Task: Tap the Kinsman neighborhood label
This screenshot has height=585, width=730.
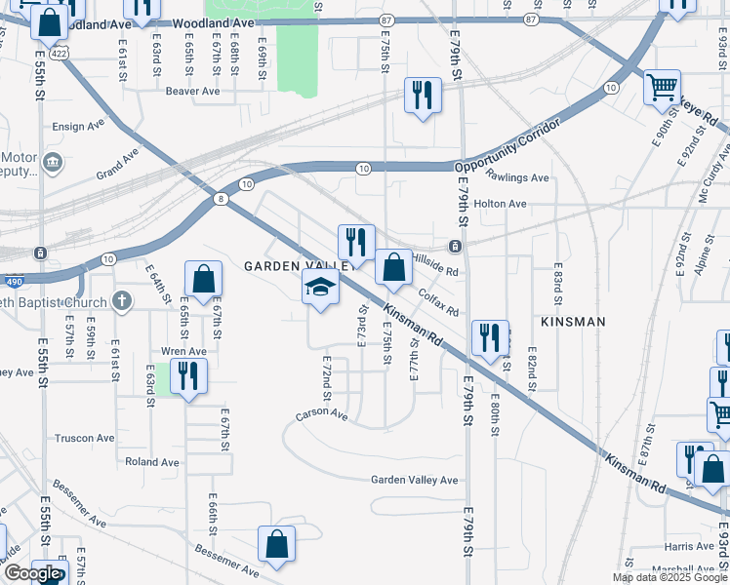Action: [573, 321]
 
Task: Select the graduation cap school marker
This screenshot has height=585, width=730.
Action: [319, 288]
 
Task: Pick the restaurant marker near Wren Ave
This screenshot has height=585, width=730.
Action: [187, 375]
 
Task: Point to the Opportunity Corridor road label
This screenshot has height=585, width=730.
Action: [508, 145]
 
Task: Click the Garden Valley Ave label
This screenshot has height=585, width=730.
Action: [414, 480]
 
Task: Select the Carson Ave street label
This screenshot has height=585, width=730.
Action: [322, 415]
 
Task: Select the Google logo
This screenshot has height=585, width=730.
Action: [33, 573]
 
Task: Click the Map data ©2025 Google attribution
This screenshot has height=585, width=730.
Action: [670, 577]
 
